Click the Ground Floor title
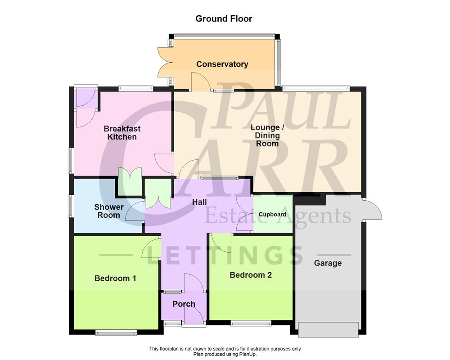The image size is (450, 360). pyautogui.click(x=224, y=19)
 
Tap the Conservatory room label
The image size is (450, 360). pyautogui.click(x=222, y=64)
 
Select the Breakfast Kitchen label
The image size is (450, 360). pyautogui.click(x=122, y=133)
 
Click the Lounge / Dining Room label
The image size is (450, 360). pyautogui.click(x=265, y=135)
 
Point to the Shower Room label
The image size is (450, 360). pyautogui.click(x=108, y=211)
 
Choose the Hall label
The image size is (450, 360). pyautogui.click(x=199, y=202)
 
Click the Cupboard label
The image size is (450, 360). pyautogui.click(x=272, y=215)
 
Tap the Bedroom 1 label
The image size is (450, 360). pyautogui.click(x=115, y=279)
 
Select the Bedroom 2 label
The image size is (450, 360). pyautogui.click(x=251, y=275)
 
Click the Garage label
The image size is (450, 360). pyautogui.click(x=328, y=263)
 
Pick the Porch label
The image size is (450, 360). pyautogui.click(x=184, y=304)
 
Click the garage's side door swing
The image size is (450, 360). pyautogui.click(x=373, y=210)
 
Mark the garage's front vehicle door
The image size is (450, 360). pyautogui.click(x=329, y=329)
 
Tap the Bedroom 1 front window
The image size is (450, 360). pyautogui.click(x=116, y=333)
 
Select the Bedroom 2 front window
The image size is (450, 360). pyautogui.click(x=251, y=323)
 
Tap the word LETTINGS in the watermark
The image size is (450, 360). pyautogui.click(x=225, y=256)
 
